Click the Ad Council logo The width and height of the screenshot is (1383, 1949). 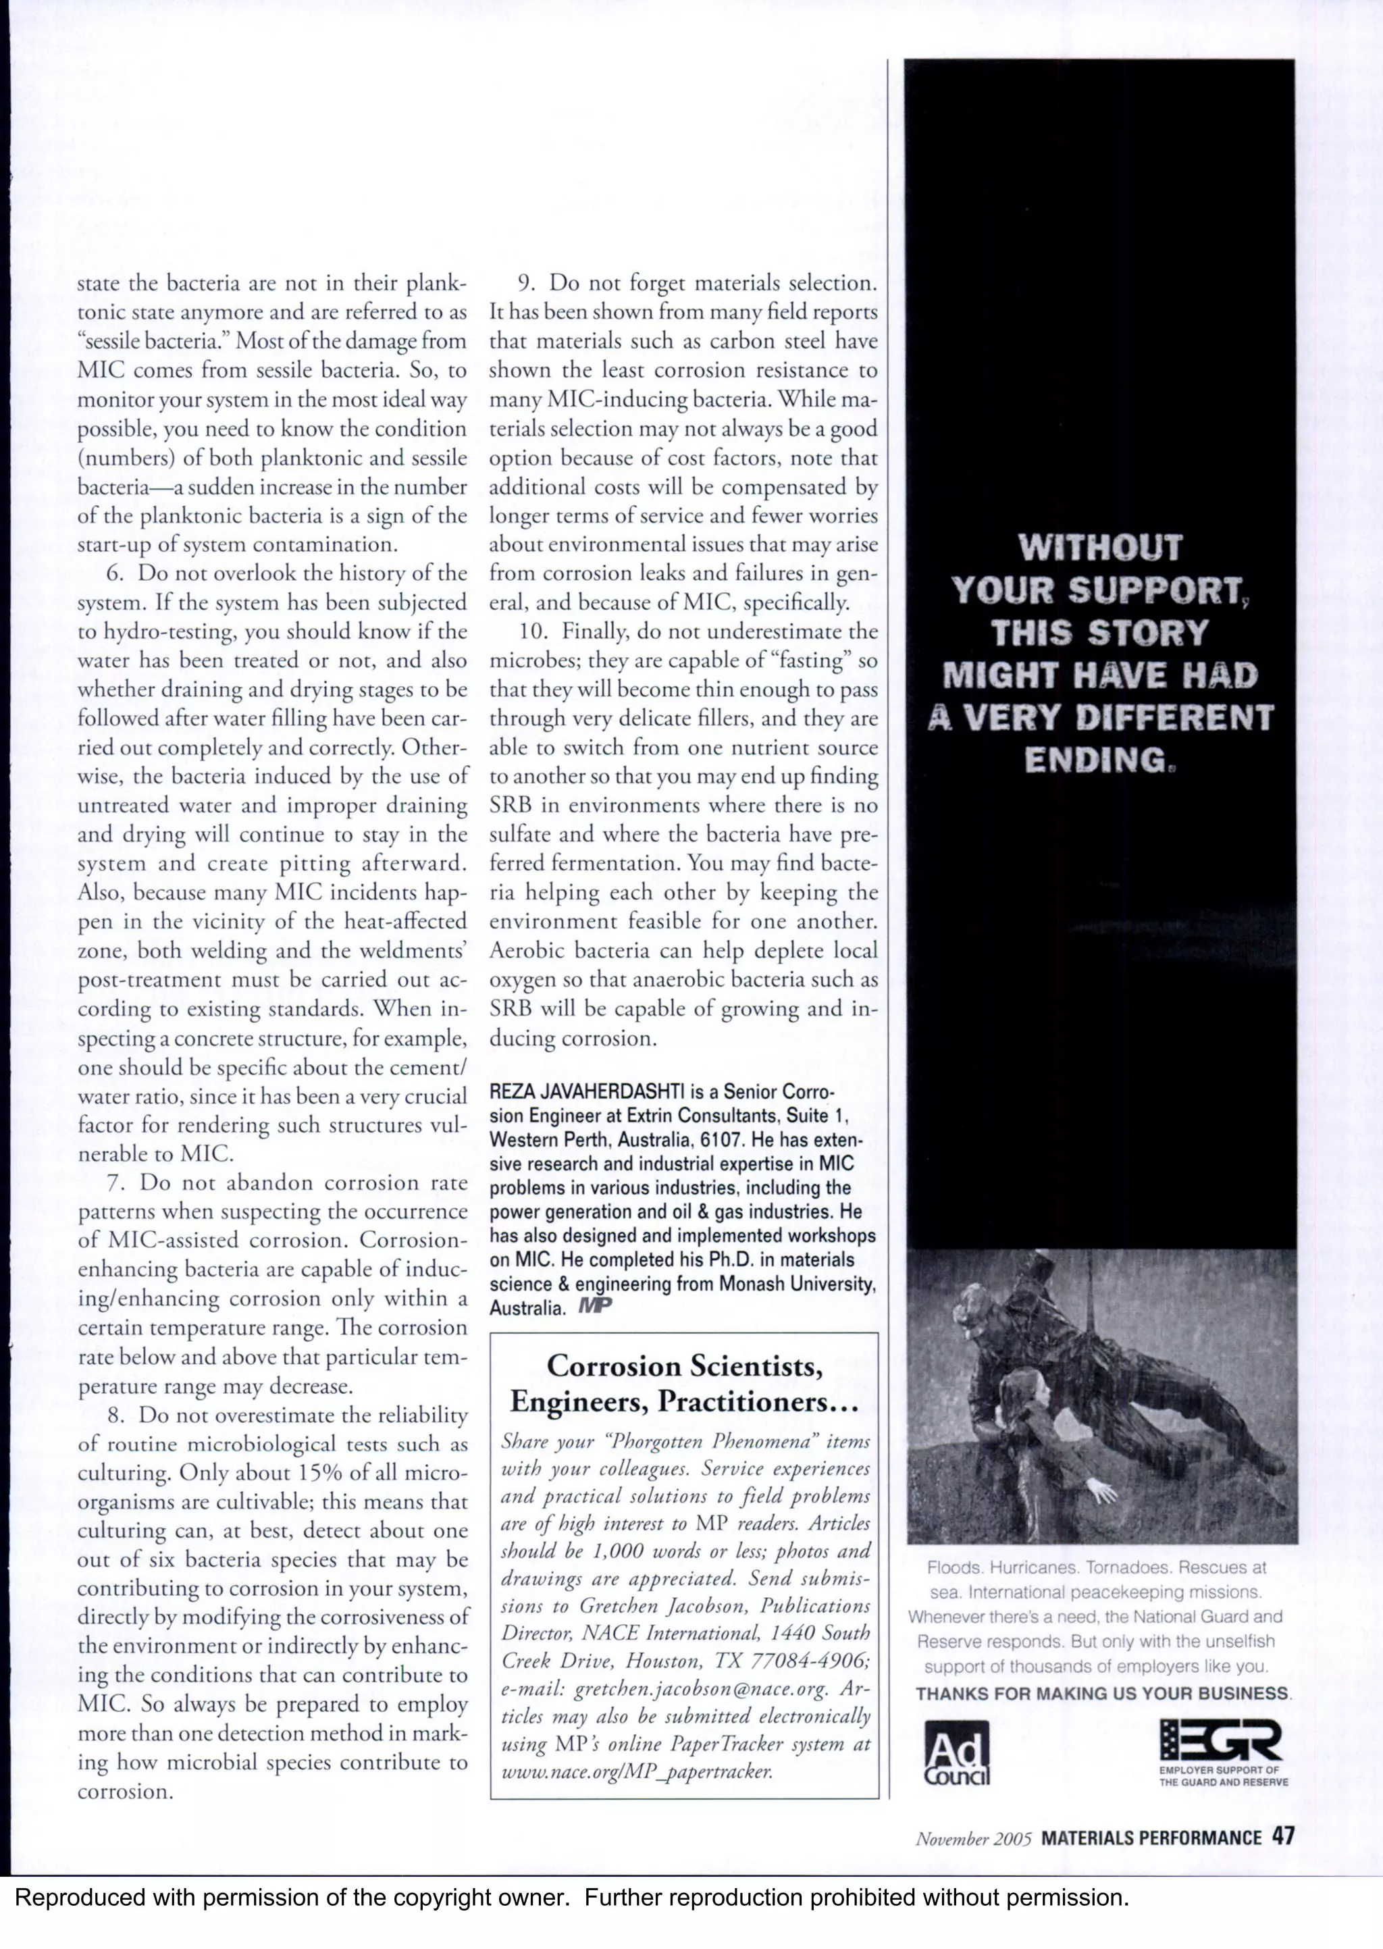coord(957,1751)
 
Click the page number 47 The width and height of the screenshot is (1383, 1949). coord(1282,1837)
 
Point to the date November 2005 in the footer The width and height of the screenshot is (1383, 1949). coord(973,1838)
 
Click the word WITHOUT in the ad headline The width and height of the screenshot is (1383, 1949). coord(1100,548)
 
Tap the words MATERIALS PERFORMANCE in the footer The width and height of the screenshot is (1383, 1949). coord(1151,1838)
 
